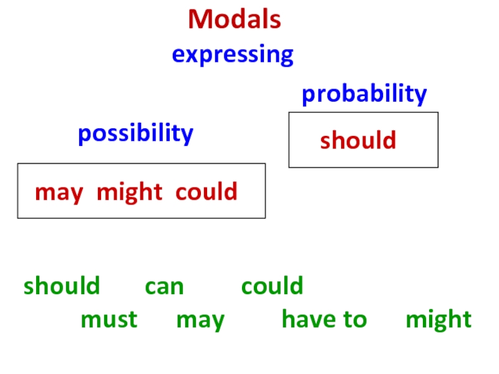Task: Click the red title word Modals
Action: point(235,20)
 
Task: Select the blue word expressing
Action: point(233,55)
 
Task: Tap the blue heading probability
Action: point(364,94)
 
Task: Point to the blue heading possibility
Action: point(135,133)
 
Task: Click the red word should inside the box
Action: point(358,140)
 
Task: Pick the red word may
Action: point(59,193)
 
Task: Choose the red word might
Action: point(130,192)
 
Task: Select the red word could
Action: point(206,191)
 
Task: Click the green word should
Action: point(62,286)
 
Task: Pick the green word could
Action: point(272,286)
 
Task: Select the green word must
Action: point(109,320)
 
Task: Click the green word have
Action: point(306,320)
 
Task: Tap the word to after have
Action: point(353,320)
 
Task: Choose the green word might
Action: point(438,320)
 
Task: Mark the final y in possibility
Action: point(187,135)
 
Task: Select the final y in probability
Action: point(421,97)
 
